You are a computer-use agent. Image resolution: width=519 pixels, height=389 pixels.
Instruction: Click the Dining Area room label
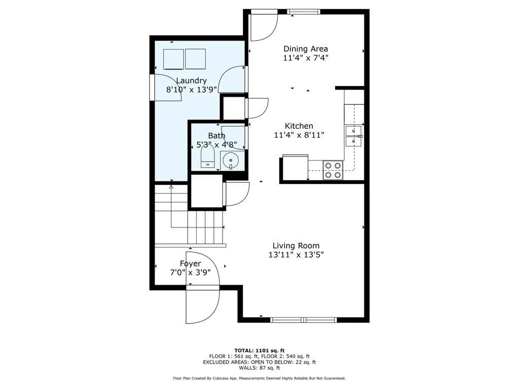[x=306, y=49]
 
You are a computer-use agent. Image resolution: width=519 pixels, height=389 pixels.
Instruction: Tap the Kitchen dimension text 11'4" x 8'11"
[x=299, y=135]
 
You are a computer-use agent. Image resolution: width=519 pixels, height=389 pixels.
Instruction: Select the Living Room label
[x=296, y=246]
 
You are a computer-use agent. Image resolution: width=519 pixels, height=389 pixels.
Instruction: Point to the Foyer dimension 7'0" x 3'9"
[x=191, y=273]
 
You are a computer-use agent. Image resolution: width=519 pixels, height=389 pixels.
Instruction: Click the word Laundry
[x=191, y=81]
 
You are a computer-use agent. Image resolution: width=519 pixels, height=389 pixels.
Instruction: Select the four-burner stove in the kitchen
[x=332, y=170]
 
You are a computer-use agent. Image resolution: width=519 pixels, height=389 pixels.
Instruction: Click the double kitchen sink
[x=353, y=136]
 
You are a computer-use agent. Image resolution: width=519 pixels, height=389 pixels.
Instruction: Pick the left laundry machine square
[x=173, y=59]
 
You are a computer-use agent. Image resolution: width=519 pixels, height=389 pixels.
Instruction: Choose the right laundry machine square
[x=195, y=59]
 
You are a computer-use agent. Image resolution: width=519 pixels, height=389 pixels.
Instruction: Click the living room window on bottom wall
[x=304, y=320]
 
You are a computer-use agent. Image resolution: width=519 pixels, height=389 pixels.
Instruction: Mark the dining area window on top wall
[x=304, y=12]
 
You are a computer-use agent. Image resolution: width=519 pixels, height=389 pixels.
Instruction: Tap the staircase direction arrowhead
[x=171, y=187]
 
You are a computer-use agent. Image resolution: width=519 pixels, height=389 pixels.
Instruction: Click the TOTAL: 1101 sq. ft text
[x=259, y=351]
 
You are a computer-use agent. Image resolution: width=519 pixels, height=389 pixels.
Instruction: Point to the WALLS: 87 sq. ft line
[x=259, y=368]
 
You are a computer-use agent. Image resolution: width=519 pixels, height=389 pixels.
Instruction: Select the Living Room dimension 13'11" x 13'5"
[x=296, y=255]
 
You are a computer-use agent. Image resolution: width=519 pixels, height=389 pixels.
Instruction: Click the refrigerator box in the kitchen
[x=295, y=168]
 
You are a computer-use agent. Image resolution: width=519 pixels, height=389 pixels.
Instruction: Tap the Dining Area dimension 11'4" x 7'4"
[x=306, y=58]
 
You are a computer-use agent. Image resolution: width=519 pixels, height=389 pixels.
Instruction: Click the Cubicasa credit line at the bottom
[x=259, y=378]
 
